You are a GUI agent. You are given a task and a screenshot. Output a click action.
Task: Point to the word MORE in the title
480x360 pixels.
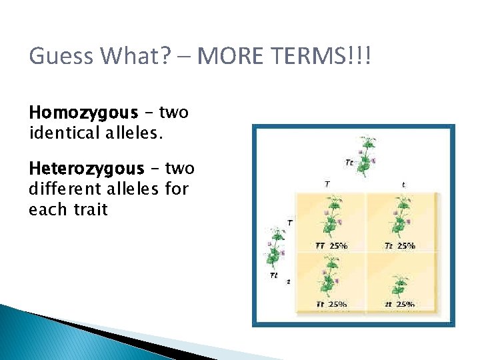point(229,57)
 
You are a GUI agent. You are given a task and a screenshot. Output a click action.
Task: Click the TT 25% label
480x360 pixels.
point(331,245)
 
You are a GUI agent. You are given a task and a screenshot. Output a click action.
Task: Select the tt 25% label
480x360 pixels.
point(399,304)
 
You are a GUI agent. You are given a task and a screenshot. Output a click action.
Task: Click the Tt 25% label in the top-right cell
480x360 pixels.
point(399,245)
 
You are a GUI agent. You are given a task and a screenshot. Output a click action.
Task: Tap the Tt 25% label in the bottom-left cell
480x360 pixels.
point(331,304)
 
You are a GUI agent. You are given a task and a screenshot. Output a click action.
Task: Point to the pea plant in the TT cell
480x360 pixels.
point(331,217)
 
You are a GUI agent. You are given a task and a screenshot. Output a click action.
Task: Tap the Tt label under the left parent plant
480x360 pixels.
point(273,275)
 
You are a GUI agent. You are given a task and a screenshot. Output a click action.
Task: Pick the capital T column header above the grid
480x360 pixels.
point(326,184)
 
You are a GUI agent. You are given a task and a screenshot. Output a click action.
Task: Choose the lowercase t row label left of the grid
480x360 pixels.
point(289,281)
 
